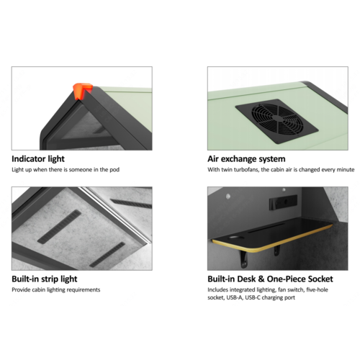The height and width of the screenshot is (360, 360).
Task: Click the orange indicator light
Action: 82,91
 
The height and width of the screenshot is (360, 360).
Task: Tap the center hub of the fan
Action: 277,118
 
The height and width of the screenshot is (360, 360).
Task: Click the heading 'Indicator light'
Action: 38,159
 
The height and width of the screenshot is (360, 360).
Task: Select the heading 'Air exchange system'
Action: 246,159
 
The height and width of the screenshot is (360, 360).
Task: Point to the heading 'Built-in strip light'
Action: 45,279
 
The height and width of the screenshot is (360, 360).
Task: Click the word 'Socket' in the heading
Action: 320,279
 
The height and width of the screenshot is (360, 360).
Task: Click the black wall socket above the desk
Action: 283,202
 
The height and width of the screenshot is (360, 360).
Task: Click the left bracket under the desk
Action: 244,258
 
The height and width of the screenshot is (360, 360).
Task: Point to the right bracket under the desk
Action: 276,250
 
